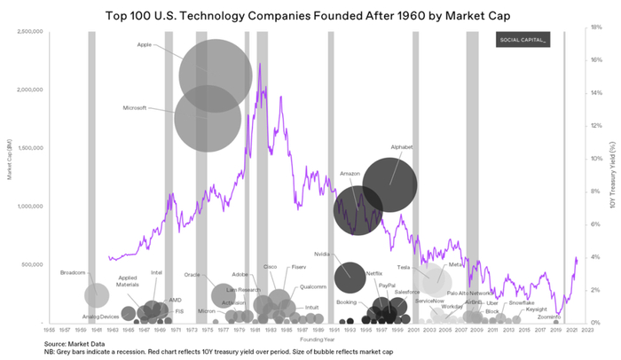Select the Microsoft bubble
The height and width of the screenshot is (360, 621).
(x=207, y=120)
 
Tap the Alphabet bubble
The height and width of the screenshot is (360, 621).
(x=389, y=184)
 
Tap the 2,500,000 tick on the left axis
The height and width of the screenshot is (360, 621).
(x=30, y=31)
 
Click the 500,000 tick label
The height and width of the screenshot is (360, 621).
(x=32, y=264)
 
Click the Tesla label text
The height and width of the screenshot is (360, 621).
(x=403, y=267)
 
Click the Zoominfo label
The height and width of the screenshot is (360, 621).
(x=546, y=317)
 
